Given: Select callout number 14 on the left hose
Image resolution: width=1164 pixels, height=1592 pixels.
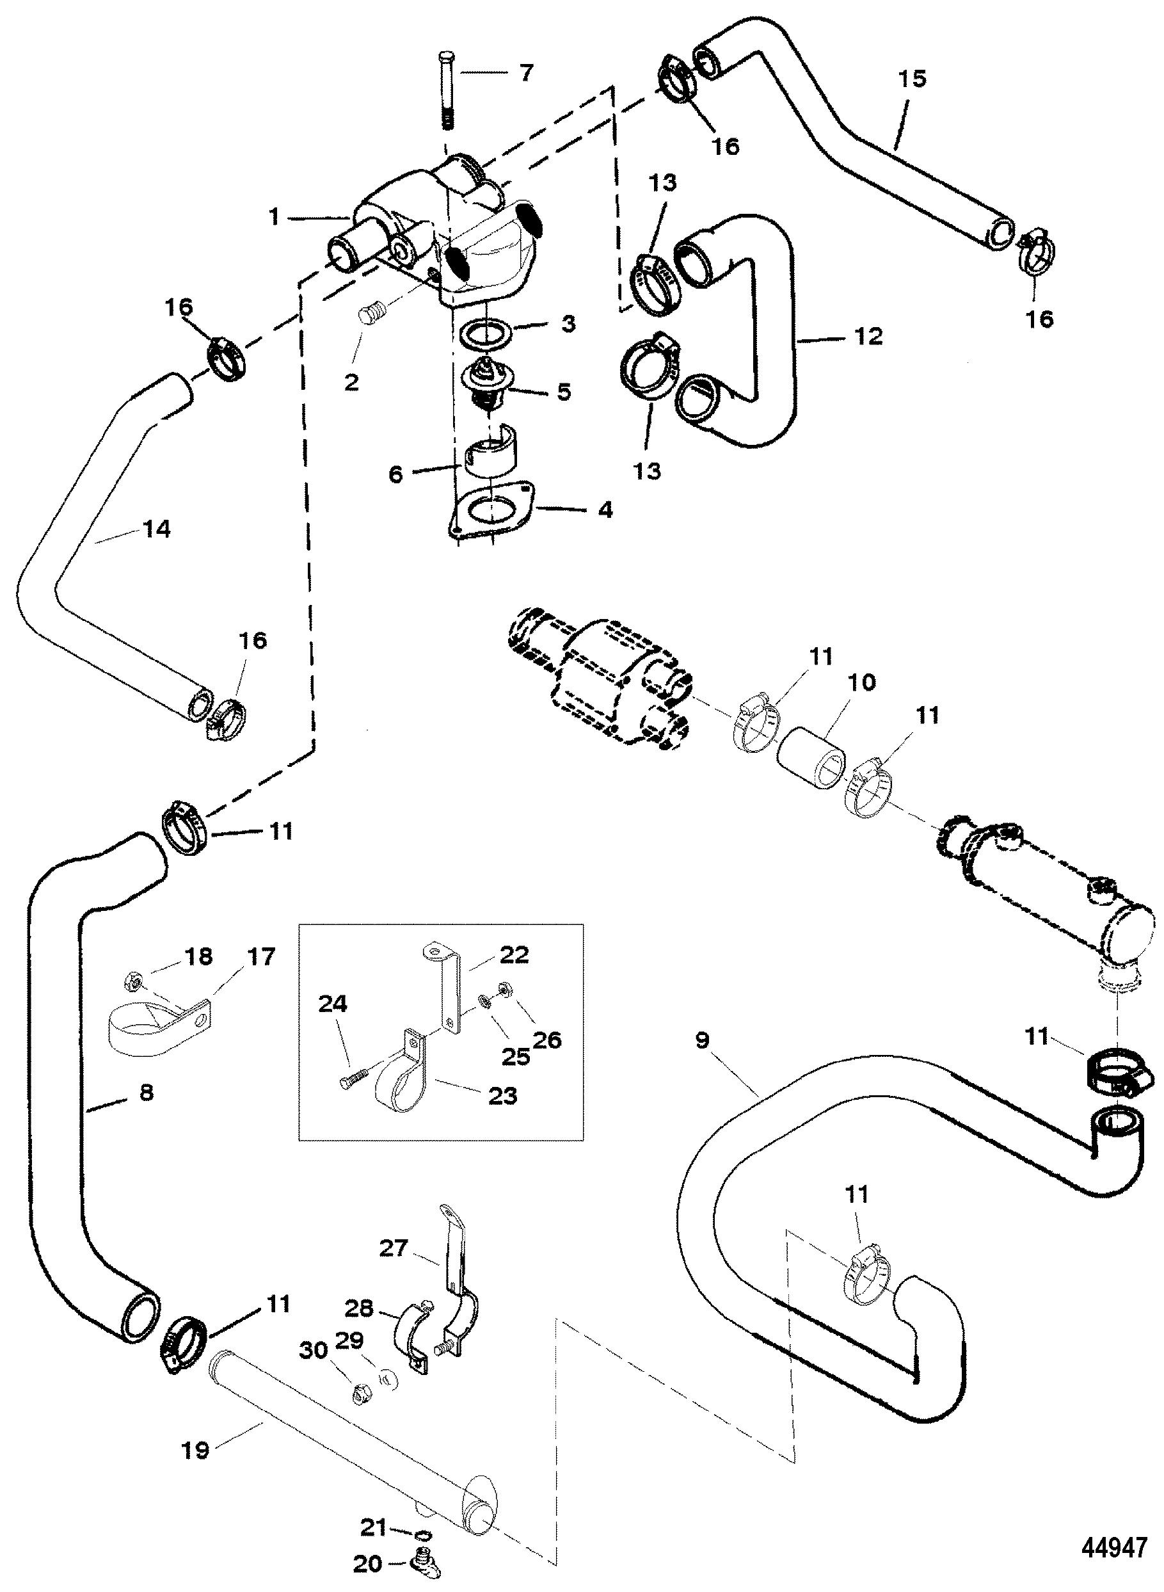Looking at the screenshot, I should pyautogui.click(x=155, y=529).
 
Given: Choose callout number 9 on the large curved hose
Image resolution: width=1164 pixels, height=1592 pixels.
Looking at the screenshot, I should pyautogui.click(x=702, y=1040).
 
